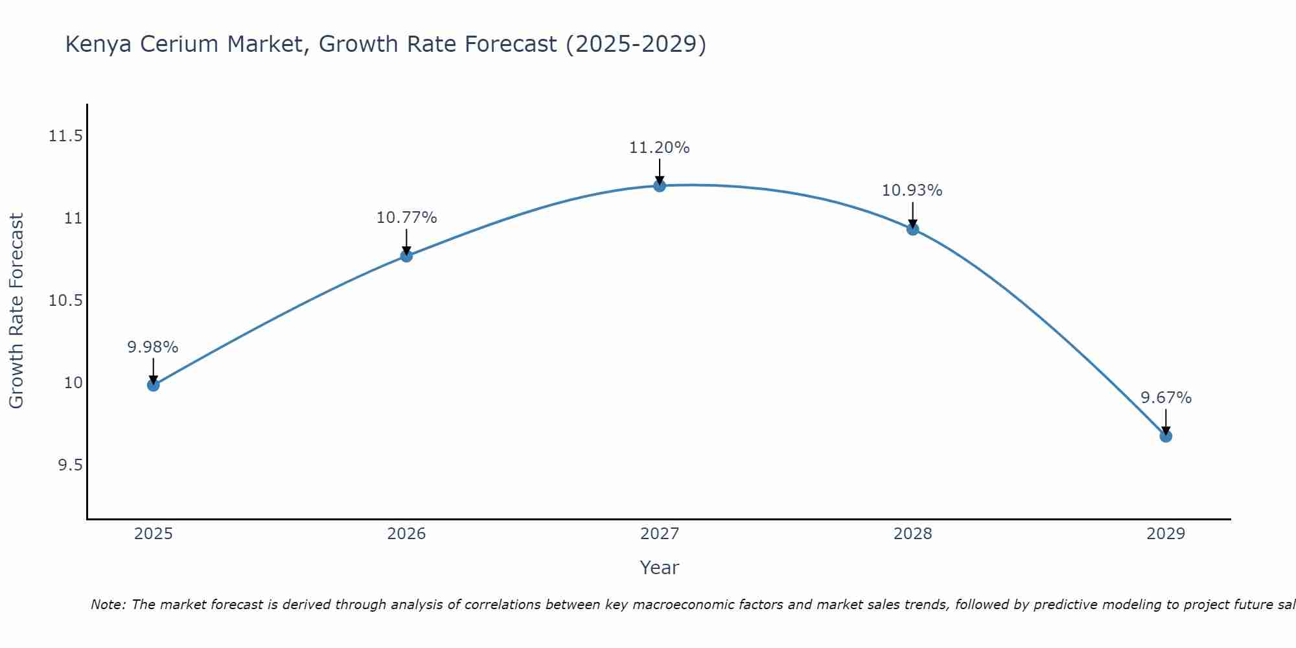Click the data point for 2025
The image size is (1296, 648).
(153, 385)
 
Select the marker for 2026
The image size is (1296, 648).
(406, 255)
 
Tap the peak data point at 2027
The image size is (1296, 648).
(660, 186)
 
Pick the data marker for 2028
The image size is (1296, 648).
(913, 229)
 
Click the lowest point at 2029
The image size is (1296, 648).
(1166, 436)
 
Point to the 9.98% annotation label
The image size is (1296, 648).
(153, 347)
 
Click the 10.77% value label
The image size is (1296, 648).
(406, 218)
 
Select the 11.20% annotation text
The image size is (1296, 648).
(660, 148)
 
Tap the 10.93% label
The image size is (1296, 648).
(912, 191)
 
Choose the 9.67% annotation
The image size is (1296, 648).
(1166, 398)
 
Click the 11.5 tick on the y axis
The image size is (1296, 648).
(65, 136)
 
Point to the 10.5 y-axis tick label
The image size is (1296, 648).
(65, 301)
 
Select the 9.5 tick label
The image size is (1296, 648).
(70, 465)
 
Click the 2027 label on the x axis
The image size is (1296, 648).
(660, 534)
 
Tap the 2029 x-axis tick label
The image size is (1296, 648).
(1166, 534)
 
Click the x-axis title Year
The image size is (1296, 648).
(660, 568)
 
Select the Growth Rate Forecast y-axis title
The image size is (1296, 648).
(16, 311)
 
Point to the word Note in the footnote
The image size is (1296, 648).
(108, 605)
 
